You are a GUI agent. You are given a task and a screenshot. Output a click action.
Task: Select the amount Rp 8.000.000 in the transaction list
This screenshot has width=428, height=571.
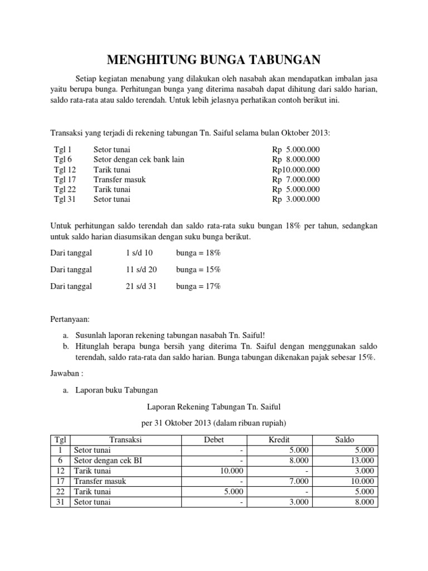point(296,159)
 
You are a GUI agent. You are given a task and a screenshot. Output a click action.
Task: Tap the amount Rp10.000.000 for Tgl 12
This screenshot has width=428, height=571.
point(296,170)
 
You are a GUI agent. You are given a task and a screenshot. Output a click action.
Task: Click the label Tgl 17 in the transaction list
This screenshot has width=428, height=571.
point(65,180)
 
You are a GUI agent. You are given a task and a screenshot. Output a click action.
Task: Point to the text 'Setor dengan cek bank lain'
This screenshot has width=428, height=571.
point(139,159)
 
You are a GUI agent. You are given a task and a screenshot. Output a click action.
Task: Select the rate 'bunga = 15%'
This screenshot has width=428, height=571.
point(198,269)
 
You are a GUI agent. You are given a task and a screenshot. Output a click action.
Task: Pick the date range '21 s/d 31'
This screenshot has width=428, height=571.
point(142,286)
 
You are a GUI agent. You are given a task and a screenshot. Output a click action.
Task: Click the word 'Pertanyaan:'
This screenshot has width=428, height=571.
point(70,320)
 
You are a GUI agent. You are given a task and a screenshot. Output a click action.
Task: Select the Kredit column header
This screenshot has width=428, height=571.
point(279,440)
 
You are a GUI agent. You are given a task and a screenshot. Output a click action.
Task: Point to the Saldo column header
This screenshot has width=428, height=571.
point(344,440)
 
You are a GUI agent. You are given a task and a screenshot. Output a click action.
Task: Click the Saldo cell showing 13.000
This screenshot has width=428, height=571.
point(362,461)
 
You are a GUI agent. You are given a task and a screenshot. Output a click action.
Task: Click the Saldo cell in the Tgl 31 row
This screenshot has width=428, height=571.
point(362,502)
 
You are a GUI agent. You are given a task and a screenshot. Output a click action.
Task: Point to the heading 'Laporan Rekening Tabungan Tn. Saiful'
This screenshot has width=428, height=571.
point(214,408)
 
